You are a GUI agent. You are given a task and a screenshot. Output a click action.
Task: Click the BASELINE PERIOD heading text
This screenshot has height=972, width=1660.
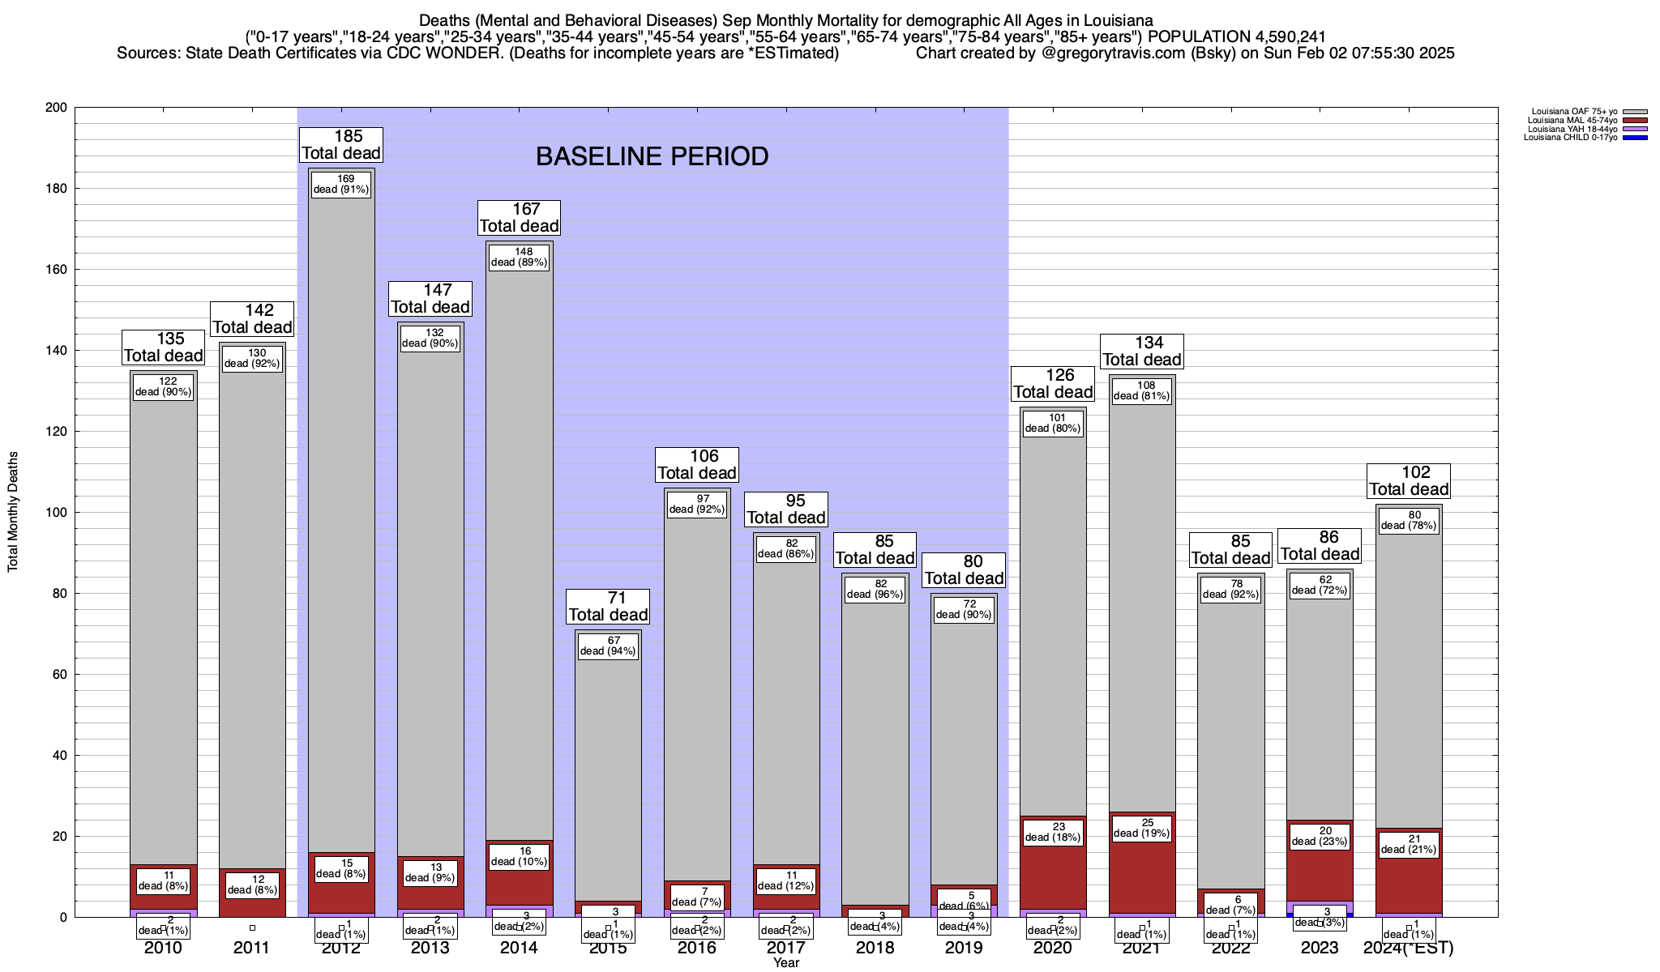(x=652, y=156)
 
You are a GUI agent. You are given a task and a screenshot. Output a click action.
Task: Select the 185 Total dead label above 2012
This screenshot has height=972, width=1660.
(x=341, y=145)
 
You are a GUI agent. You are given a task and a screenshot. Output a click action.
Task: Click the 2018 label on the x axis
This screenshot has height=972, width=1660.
(x=875, y=948)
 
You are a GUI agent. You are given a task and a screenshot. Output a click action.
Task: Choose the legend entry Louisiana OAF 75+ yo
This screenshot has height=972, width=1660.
(x=1573, y=112)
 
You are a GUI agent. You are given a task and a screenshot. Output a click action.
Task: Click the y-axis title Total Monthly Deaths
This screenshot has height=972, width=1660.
(x=13, y=512)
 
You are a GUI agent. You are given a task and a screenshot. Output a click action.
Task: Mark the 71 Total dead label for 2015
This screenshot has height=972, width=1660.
(x=608, y=607)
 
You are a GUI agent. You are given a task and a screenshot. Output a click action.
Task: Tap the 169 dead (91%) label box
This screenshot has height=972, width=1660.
(x=341, y=184)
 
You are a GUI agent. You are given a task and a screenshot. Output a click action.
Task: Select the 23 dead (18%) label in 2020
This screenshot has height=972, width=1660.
(x=1053, y=832)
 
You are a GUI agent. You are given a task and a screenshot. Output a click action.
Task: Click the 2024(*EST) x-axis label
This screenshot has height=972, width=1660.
(x=1409, y=948)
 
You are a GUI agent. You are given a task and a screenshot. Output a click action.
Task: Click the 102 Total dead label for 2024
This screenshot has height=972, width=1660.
(x=1409, y=481)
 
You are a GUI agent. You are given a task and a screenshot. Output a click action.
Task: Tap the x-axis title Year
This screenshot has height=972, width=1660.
(x=785, y=963)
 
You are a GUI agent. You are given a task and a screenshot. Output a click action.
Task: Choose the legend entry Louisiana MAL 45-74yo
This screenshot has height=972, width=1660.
(x=1572, y=121)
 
